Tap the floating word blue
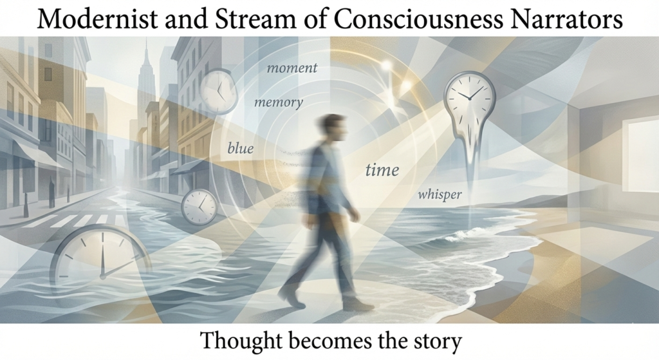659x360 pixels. point(240,149)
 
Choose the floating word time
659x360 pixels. point(382,171)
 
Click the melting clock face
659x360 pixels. point(469,103)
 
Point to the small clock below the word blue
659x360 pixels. point(199,207)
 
